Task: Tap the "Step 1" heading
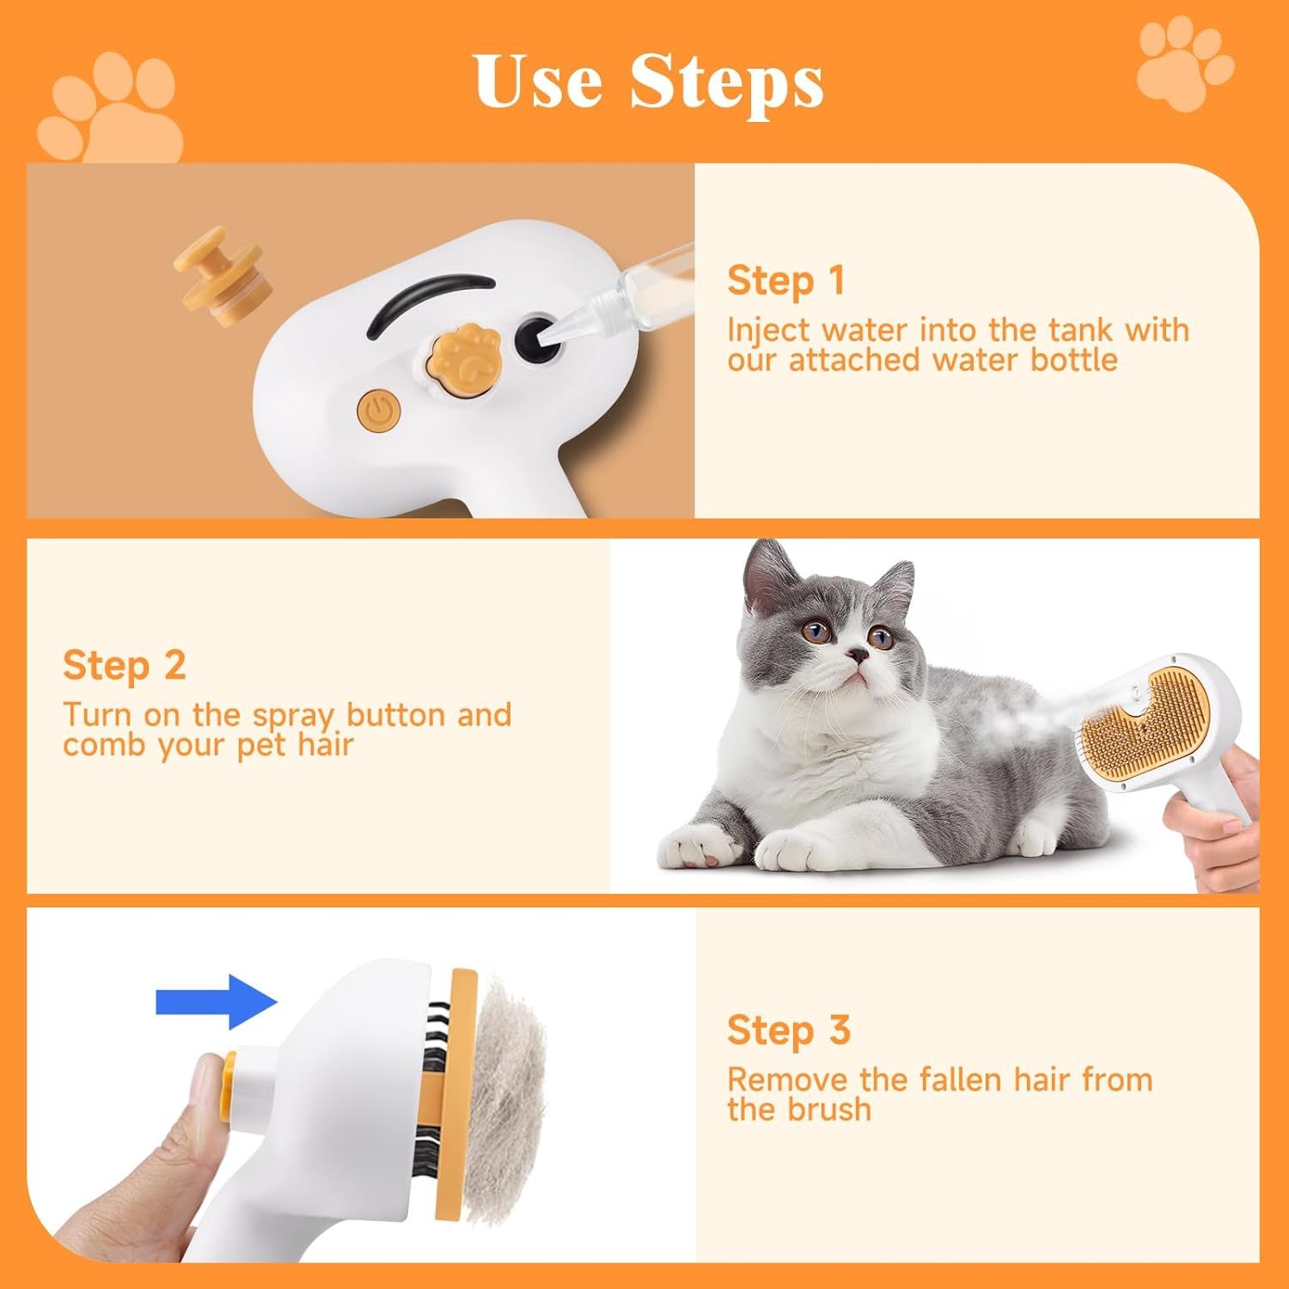click(x=785, y=281)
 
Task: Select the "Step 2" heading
click(x=124, y=666)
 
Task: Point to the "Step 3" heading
click(x=788, y=1030)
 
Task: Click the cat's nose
click(x=856, y=656)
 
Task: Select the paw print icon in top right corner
click(x=1184, y=65)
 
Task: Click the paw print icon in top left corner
click(x=112, y=110)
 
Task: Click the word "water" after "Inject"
click(x=864, y=330)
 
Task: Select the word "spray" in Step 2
click(x=292, y=716)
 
